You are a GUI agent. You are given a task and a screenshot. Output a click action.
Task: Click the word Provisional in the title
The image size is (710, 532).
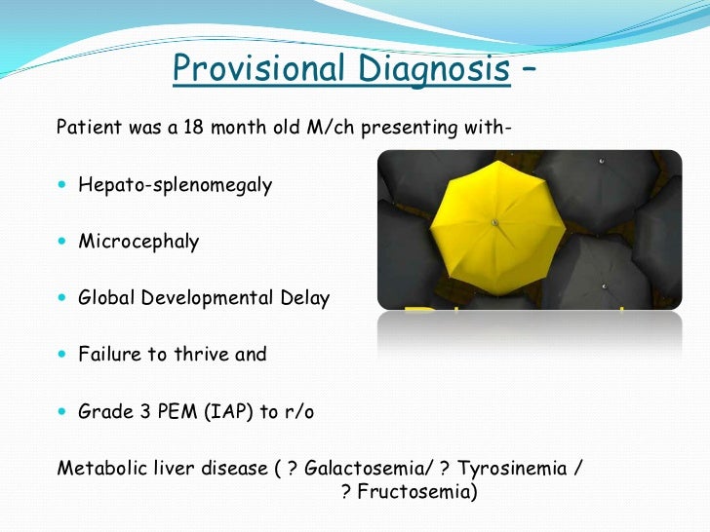coord(256,69)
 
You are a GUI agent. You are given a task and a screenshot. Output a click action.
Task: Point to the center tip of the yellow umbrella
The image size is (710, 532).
coord(494,223)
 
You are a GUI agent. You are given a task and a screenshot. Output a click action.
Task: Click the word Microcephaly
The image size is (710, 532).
coord(138,242)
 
